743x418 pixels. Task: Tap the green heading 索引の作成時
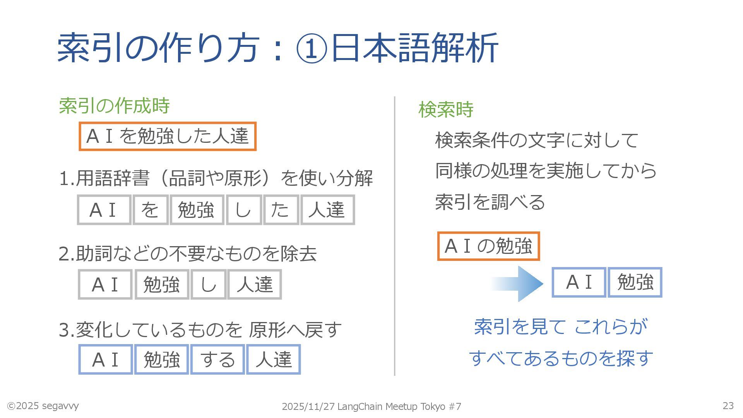[114, 106]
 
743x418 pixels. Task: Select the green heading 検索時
[446, 110]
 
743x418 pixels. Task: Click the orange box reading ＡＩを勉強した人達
[168, 136]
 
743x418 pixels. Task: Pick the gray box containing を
[150, 210]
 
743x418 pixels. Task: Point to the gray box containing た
[281, 210]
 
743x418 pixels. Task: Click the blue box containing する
[217, 360]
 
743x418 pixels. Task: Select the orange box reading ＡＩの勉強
[488, 246]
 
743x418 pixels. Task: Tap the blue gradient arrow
[519, 283]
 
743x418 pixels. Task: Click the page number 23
[728, 406]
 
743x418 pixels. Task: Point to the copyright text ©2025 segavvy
[43, 406]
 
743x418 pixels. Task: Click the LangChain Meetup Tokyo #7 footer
[371, 406]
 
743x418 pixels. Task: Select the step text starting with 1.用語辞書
[216, 178]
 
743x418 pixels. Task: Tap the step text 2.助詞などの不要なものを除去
[188, 254]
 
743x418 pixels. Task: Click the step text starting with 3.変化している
[200, 330]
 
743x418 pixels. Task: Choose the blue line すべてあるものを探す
[561, 358]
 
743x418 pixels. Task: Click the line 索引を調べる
[490, 202]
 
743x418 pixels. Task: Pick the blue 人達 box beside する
[274, 360]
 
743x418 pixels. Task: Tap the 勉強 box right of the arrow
[635, 282]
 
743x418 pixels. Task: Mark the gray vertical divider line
[394, 236]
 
